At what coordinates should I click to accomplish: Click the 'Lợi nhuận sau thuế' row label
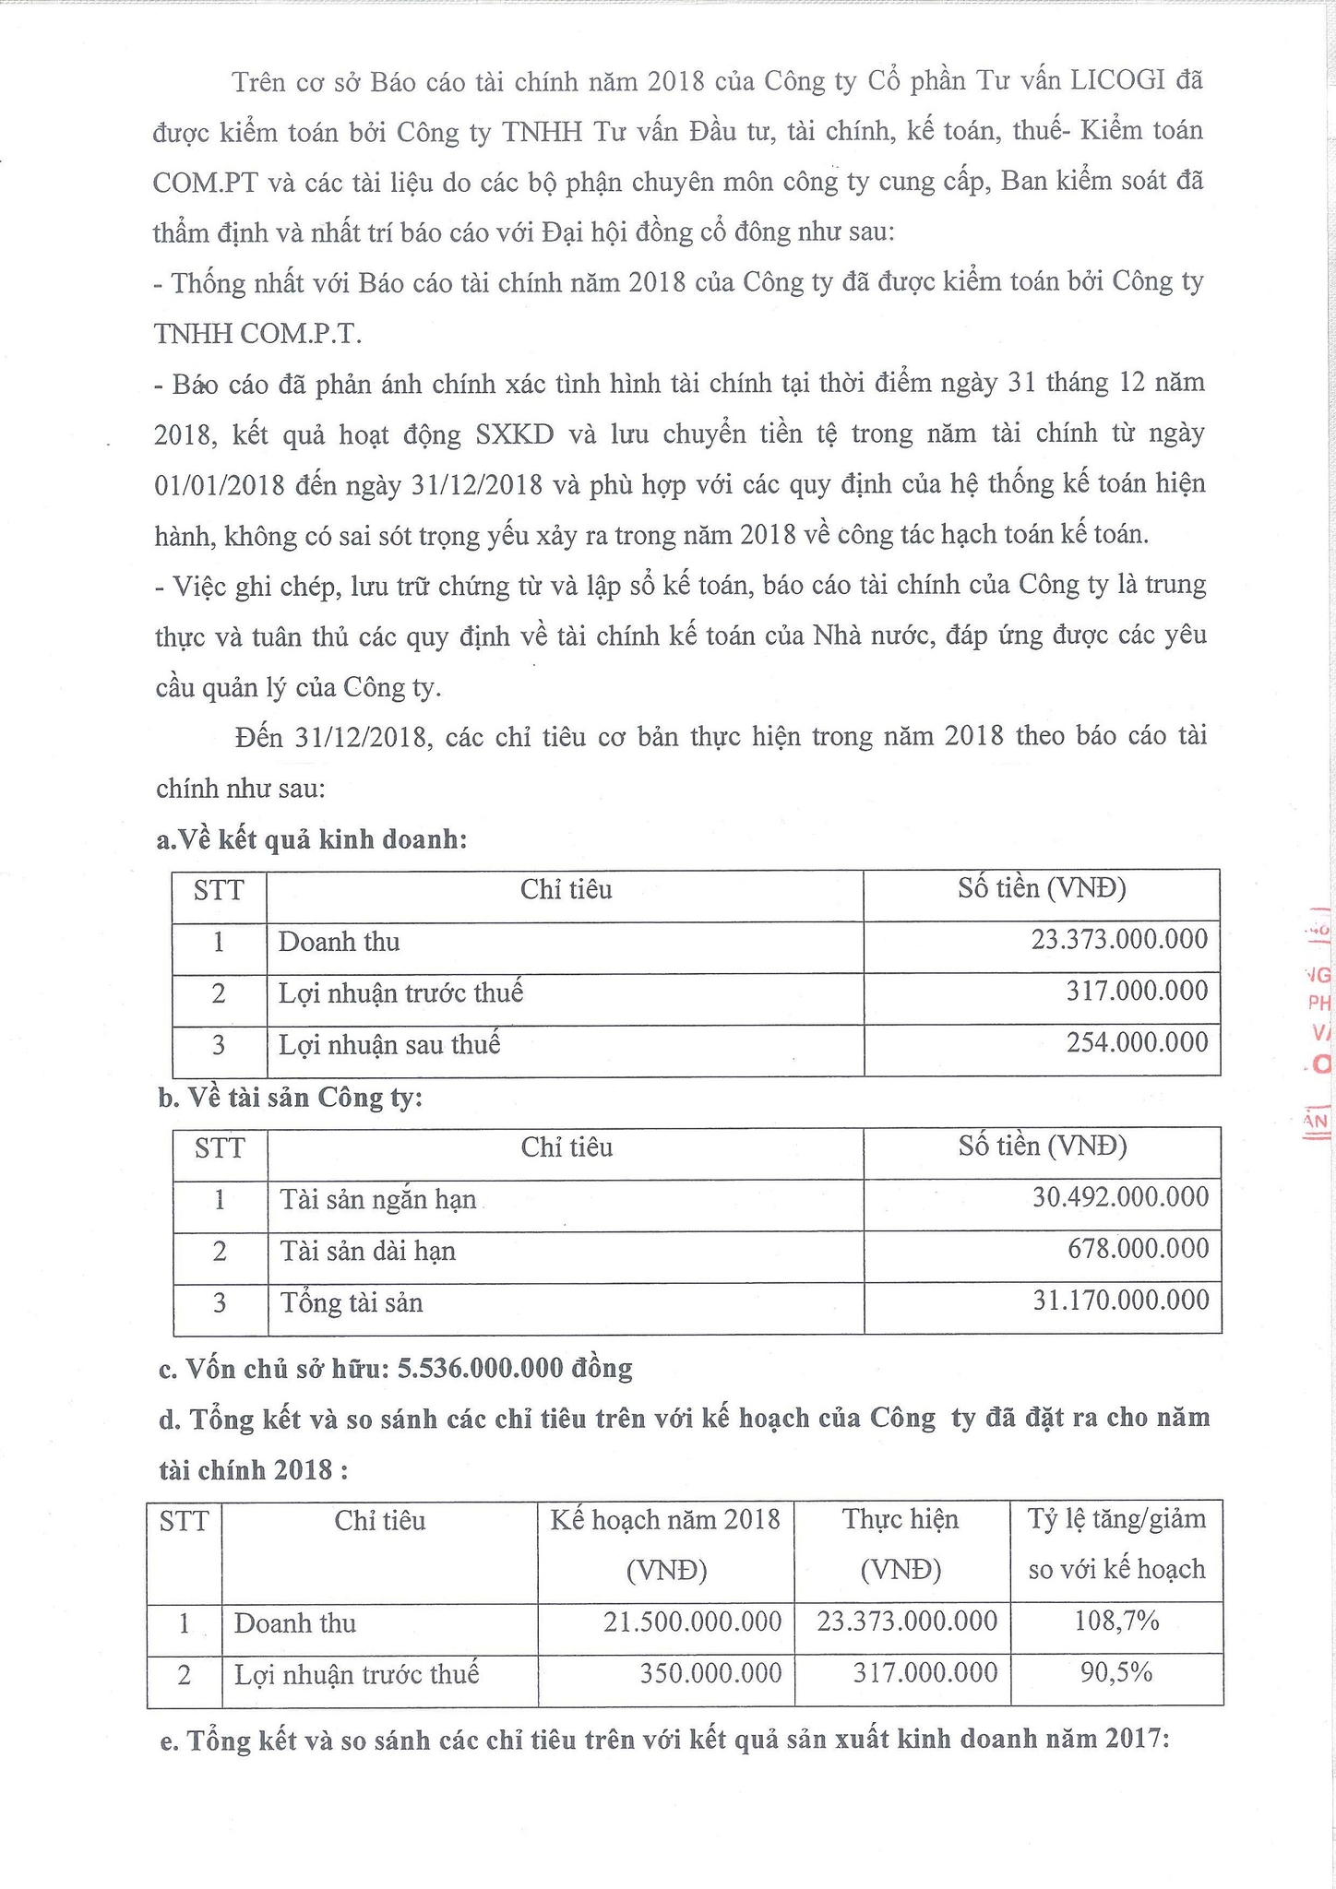[389, 1045]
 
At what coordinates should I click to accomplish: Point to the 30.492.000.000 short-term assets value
[1120, 1197]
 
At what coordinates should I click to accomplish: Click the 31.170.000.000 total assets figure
[1120, 1301]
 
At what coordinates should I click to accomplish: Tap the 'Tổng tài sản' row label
[352, 1302]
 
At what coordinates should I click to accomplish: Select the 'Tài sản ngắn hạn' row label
[378, 1199]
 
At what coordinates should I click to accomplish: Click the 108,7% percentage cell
[1116, 1621]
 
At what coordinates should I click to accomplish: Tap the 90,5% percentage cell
[1116, 1672]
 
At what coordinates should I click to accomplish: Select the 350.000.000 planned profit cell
[710, 1673]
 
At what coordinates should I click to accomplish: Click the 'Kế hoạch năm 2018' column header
[665, 1519]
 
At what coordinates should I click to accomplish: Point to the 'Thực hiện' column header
[901, 1519]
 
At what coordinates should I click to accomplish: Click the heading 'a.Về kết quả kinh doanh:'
[313, 839]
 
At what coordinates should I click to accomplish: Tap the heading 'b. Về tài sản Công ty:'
[290, 1098]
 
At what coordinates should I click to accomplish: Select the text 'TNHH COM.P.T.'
[257, 334]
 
